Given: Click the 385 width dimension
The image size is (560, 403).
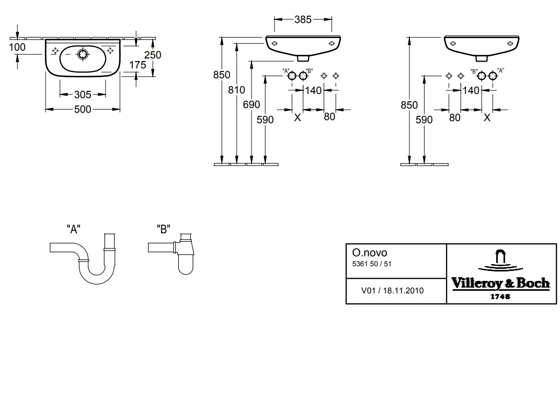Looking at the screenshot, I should click(303, 20).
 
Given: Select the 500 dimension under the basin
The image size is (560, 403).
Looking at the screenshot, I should click(83, 109).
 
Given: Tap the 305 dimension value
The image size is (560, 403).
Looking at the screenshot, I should click(83, 94).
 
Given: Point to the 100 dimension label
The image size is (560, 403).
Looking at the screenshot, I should click(17, 47).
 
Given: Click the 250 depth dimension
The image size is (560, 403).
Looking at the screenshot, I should click(153, 55).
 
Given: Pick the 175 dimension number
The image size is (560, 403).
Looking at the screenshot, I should click(138, 65).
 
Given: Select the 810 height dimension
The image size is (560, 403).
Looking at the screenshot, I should click(237, 90).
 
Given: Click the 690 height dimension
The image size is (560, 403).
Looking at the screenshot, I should click(252, 104).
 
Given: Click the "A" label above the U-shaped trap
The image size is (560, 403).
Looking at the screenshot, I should click(73, 229).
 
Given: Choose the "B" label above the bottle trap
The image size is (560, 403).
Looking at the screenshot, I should click(164, 229).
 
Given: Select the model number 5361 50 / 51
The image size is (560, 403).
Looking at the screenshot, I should click(372, 264).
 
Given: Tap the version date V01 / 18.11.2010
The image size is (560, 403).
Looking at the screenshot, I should click(393, 291).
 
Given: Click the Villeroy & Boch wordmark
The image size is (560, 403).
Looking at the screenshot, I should click(500, 283).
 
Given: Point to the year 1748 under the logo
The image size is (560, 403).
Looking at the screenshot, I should click(500, 297).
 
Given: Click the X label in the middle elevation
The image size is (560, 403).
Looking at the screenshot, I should click(298, 118).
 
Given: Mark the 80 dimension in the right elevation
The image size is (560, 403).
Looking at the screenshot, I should click(455, 117).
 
